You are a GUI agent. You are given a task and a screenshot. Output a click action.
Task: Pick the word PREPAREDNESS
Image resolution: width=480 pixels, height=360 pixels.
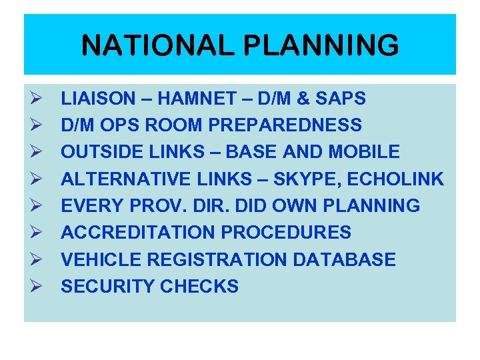click(287, 125)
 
